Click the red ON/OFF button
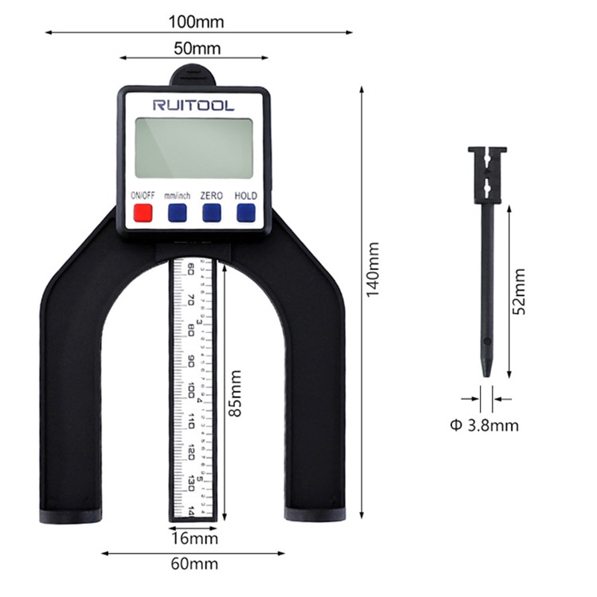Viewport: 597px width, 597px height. pyautogui.click(x=142, y=213)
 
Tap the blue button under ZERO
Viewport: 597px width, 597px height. pyautogui.click(x=211, y=213)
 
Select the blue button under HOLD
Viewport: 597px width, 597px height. pyautogui.click(x=246, y=213)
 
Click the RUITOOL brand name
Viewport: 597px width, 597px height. pyautogui.click(x=193, y=105)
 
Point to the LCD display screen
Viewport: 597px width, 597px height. pyautogui.click(x=194, y=148)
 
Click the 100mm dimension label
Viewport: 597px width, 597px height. pyautogui.click(x=196, y=22)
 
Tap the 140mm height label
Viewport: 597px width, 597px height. pyautogui.click(x=372, y=266)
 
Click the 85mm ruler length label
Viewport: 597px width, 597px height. pyautogui.click(x=237, y=393)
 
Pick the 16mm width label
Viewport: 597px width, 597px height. pyautogui.click(x=193, y=538)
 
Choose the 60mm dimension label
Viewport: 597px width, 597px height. pyautogui.click(x=193, y=564)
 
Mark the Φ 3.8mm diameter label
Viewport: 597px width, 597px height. pyautogui.click(x=484, y=425)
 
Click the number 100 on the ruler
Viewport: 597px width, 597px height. pyautogui.click(x=192, y=390)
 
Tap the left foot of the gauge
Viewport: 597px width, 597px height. pyautogui.click(x=70, y=514)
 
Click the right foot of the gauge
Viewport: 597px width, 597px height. pyautogui.click(x=315, y=514)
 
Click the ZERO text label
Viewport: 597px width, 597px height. pyautogui.click(x=211, y=196)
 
